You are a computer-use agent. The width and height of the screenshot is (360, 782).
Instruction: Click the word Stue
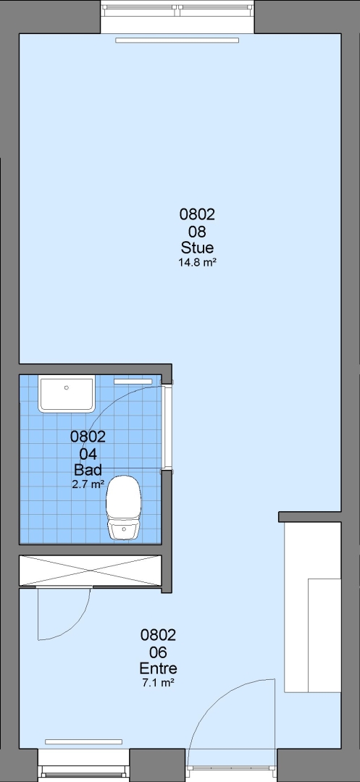click(197, 248)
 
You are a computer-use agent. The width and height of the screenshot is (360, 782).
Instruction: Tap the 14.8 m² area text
click(197, 262)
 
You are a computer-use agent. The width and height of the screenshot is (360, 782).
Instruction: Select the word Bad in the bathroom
click(88, 469)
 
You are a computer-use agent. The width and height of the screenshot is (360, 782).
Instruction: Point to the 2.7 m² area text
click(88, 484)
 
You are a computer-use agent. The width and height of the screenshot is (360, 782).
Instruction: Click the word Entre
click(158, 668)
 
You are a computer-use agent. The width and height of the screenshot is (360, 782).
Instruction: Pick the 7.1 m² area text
click(158, 683)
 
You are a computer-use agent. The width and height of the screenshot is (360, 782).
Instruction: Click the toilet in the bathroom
click(124, 508)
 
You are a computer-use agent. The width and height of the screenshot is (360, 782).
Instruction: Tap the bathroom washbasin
click(67, 395)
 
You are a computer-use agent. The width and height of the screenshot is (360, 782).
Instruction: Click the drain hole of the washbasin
click(67, 387)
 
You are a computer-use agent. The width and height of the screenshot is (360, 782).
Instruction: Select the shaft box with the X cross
click(91, 570)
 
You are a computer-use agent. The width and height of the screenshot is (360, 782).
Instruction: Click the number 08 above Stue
click(197, 232)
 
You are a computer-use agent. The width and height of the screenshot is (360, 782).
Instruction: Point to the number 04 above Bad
click(88, 453)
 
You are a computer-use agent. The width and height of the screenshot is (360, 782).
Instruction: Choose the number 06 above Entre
click(158, 652)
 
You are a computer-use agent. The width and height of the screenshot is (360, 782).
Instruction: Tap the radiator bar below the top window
click(177, 41)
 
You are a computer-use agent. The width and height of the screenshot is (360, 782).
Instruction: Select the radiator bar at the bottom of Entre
click(84, 741)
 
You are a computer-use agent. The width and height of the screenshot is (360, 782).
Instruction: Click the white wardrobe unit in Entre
click(313, 607)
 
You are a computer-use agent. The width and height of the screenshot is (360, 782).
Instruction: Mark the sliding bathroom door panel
click(168, 427)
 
